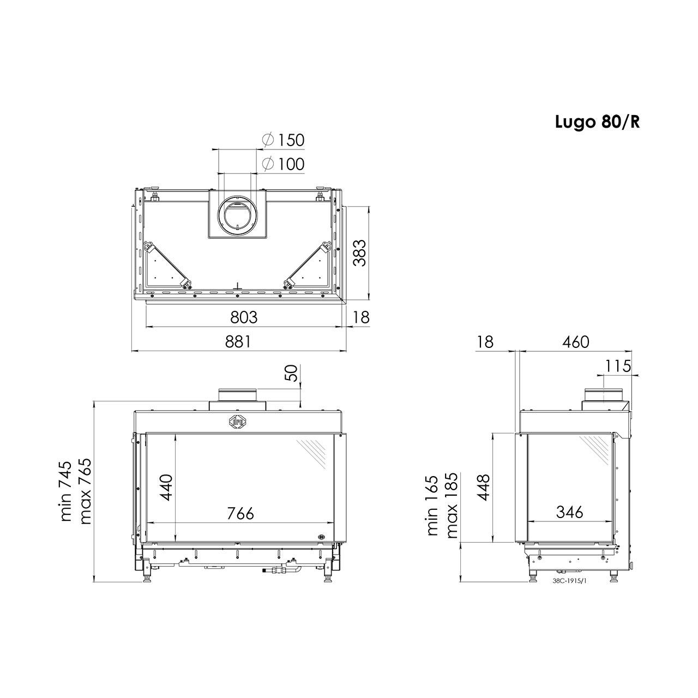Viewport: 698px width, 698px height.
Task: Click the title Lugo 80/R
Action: pos(598,123)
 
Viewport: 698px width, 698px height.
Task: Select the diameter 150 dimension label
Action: pos(283,140)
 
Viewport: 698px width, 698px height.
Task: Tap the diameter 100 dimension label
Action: pos(283,164)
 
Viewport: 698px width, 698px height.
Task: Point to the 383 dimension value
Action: pos(359,253)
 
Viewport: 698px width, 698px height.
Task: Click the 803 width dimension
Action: pos(244,317)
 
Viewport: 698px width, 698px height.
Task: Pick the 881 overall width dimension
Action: pos(238,341)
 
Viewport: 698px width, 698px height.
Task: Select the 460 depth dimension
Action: pos(575,342)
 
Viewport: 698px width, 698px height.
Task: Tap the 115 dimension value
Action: pos(618,366)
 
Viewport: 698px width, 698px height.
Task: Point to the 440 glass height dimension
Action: pos(167,487)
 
